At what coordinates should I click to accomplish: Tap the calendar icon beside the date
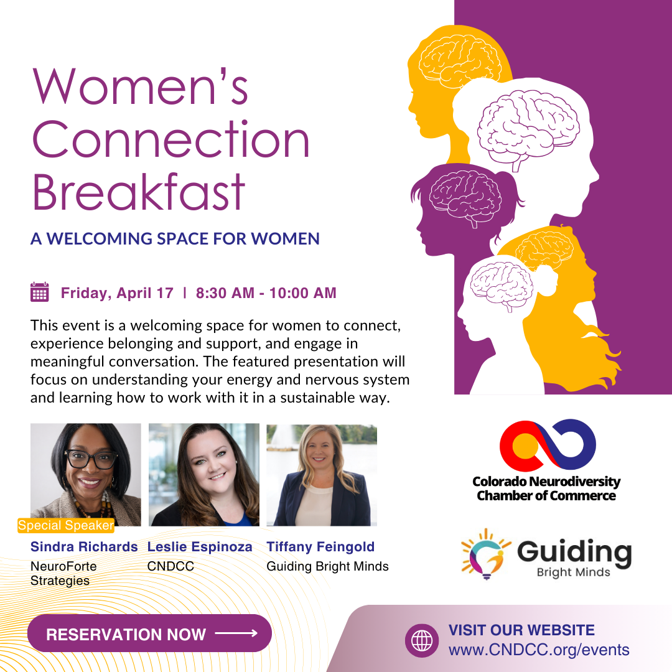pyautogui.click(x=40, y=292)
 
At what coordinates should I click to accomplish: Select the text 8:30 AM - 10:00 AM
pyautogui.click(x=266, y=292)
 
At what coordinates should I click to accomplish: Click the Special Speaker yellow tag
pyautogui.click(x=66, y=526)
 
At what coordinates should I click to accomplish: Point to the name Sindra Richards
pyautogui.click(x=84, y=547)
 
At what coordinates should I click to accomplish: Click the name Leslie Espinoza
pyautogui.click(x=200, y=547)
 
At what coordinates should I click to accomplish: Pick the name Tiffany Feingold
pyautogui.click(x=320, y=547)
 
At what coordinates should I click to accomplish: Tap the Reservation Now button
pyautogui.click(x=149, y=633)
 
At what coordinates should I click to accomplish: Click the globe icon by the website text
pyautogui.click(x=422, y=640)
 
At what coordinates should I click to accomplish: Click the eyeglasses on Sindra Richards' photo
pyautogui.click(x=91, y=460)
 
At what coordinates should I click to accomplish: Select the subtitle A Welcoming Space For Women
pyautogui.click(x=175, y=239)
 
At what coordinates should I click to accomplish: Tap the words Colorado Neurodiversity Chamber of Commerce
pyautogui.click(x=546, y=488)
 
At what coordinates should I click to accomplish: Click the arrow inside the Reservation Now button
pyautogui.click(x=236, y=633)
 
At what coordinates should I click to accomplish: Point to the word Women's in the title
pyautogui.click(x=140, y=86)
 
